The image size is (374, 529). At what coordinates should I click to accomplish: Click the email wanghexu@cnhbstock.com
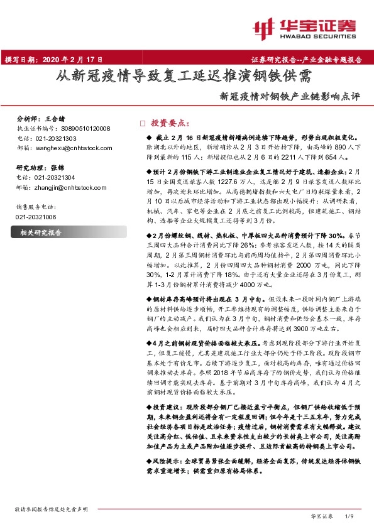tap(63, 146)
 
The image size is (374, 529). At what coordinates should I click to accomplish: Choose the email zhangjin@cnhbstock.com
tap(62, 187)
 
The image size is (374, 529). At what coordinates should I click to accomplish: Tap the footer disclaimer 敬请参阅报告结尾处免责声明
tap(51, 508)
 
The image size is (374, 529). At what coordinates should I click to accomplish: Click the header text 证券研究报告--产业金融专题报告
tap(307, 60)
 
